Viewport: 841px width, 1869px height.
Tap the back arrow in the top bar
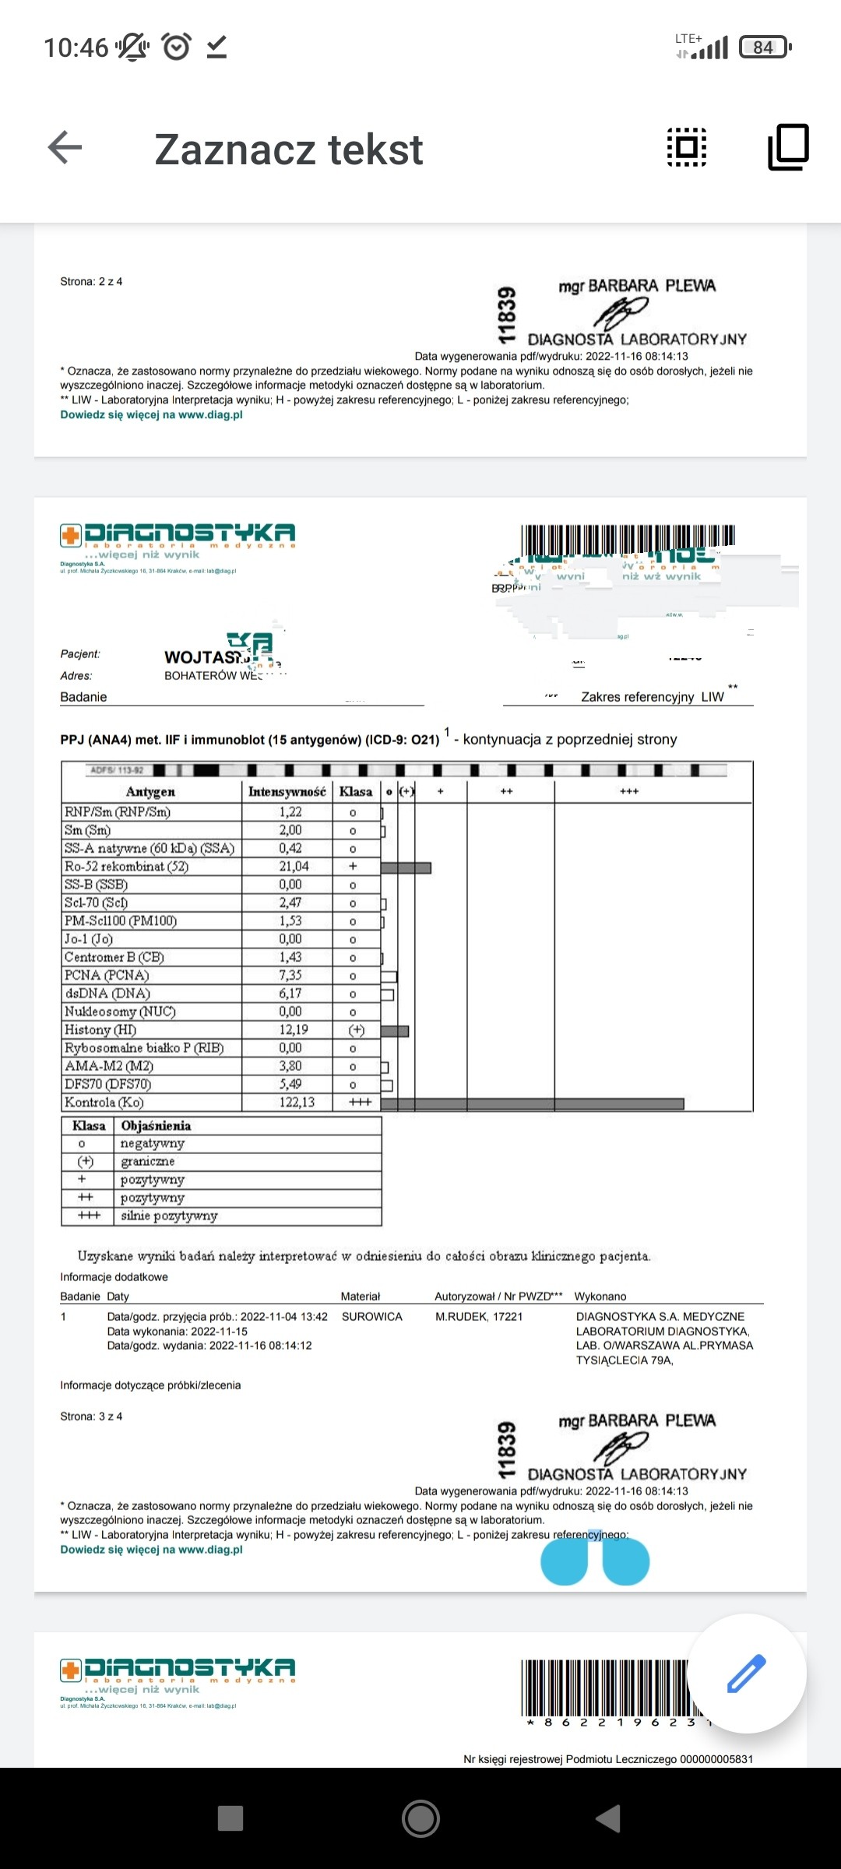click(65, 147)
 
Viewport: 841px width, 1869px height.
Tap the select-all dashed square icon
click(687, 147)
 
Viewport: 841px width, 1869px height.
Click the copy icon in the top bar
click(788, 147)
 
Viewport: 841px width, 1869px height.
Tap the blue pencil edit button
click(746, 1674)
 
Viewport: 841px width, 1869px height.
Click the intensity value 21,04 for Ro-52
click(294, 867)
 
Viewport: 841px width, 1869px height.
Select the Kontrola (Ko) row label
click(104, 1103)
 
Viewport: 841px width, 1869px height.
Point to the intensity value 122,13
click(297, 1103)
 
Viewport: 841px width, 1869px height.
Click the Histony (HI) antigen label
click(100, 1030)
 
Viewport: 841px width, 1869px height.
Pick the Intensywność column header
click(287, 792)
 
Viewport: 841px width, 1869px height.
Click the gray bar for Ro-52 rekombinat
click(406, 868)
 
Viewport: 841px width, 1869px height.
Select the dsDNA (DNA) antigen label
click(107, 994)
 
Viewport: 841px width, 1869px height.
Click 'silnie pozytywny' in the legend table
click(169, 1216)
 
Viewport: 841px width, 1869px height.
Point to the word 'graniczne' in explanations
click(148, 1162)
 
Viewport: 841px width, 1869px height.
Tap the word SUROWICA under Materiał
click(372, 1317)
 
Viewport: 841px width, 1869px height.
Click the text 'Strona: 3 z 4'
click(91, 1417)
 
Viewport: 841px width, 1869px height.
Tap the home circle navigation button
click(420, 1818)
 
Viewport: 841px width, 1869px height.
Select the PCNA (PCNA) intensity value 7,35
click(290, 976)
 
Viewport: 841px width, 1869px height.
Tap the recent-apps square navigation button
click(230, 1818)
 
